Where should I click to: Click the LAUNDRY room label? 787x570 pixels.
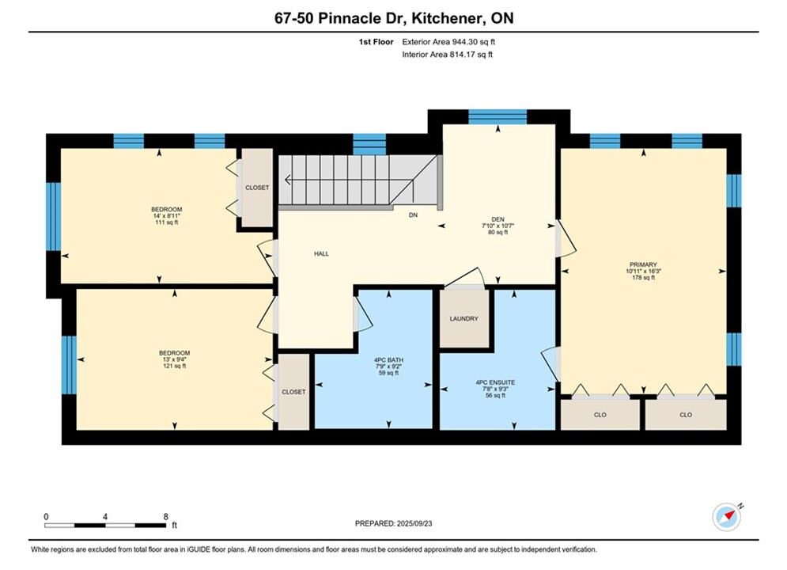point(463,318)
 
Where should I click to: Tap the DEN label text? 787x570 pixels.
point(498,219)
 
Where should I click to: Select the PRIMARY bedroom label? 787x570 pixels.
point(643,264)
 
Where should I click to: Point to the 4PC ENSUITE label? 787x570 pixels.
point(495,382)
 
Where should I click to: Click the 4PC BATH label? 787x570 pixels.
point(388,360)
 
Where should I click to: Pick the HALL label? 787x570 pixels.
point(321,253)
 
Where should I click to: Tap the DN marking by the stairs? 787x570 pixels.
point(413,215)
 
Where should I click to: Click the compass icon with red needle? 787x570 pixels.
point(727,516)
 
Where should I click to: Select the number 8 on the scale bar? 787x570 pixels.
point(165,516)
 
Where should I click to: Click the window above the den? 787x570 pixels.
point(498,117)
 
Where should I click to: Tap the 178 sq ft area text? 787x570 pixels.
point(643,277)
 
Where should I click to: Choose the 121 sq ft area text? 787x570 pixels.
point(174,366)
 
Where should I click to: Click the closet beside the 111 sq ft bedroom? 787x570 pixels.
point(257,188)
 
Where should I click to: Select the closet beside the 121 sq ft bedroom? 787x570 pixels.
point(293,392)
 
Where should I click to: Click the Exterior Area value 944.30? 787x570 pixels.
point(463,42)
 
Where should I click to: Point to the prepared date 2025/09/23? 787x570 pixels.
point(414,523)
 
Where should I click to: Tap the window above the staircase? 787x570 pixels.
point(369,144)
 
